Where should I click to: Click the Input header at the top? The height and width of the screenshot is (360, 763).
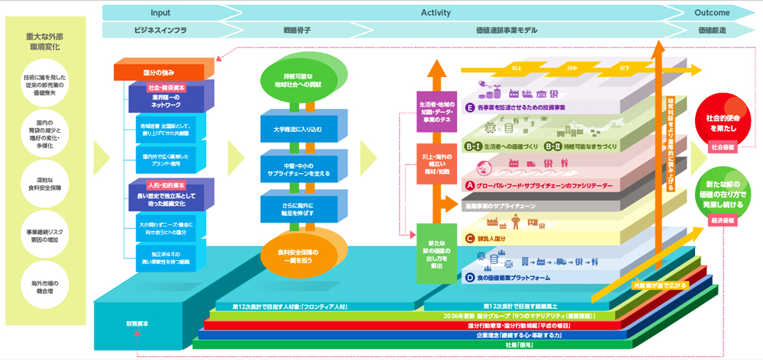click(x=160, y=12)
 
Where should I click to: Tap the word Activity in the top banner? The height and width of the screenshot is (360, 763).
click(x=436, y=12)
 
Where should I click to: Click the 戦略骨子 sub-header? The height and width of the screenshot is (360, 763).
click(x=297, y=31)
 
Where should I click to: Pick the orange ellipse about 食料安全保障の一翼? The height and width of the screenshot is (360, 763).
click(x=297, y=256)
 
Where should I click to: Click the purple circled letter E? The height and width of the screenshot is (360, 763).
click(x=470, y=108)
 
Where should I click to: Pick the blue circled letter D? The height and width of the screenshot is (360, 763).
click(x=470, y=278)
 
